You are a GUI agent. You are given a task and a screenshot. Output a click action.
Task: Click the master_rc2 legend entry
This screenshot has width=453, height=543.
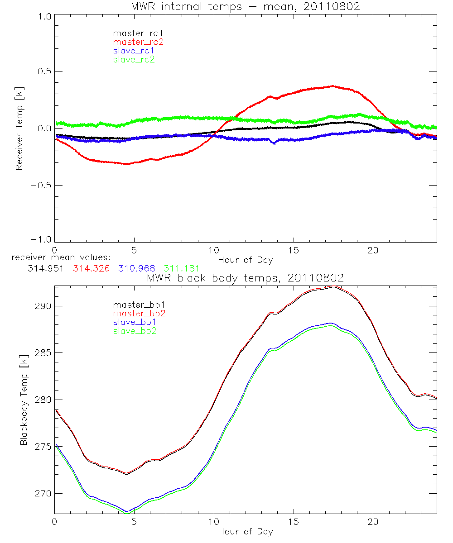[x=138, y=42]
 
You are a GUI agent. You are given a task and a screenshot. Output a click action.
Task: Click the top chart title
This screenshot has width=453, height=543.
[x=246, y=6]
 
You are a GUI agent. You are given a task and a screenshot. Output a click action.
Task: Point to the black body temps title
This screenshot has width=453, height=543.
[x=246, y=277]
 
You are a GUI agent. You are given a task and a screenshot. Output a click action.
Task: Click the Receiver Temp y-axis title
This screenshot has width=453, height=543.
[x=19, y=129]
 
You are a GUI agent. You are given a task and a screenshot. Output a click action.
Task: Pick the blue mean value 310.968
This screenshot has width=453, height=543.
[x=135, y=269]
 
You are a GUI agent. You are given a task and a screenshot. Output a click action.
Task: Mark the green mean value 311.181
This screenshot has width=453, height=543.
[x=182, y=269]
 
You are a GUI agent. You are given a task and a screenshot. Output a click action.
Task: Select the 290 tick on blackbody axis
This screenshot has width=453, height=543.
[x=44, y=306]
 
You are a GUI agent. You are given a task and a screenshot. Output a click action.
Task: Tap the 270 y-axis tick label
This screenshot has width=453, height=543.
[x=44, y=494]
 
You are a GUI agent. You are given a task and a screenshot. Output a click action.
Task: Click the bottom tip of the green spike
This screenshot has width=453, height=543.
[x=253, y=200]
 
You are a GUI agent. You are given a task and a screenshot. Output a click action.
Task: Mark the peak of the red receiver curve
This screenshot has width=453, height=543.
[x=333, y=86]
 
